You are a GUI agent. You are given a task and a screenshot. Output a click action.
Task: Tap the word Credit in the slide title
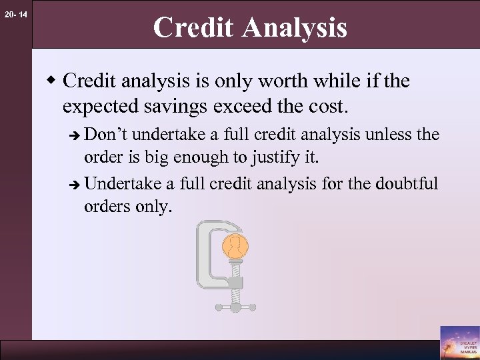tap(194, 28)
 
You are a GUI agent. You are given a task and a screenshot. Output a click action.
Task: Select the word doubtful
tap(407, 183)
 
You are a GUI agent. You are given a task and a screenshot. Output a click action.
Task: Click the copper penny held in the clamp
tap(234, 247)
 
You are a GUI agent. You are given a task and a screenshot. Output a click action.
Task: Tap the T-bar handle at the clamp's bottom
tap(235, 307)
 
